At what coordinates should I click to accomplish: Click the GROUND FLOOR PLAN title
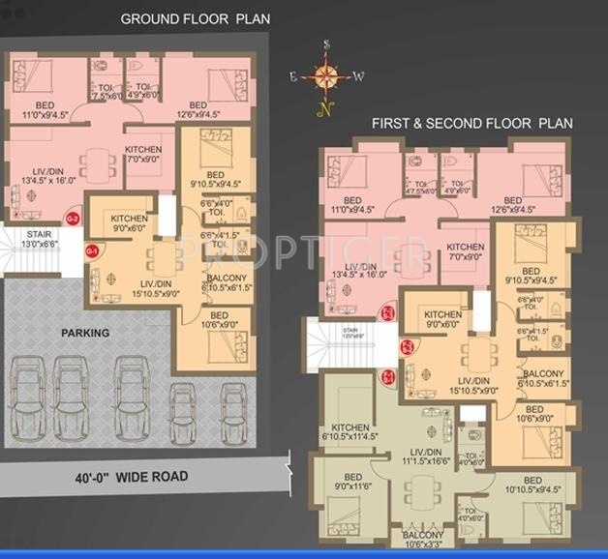coord(196,19)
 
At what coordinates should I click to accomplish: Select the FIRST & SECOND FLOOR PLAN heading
coord(472,124)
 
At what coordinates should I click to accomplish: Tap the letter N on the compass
coord(326,108)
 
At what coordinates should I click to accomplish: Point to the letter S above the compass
coord(327,44)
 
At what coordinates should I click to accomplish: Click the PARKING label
coord(85,333)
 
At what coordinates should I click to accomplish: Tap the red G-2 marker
coord(73,220)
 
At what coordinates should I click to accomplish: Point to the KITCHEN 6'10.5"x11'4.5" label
coord(351,433)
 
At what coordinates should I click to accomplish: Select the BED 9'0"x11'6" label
coord(353,483)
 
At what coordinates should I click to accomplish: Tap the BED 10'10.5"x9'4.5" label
coord(532,486)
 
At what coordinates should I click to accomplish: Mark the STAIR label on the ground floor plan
coord(38,239)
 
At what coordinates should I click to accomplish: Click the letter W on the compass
coord(358,76)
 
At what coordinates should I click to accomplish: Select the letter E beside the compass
coord(293,75)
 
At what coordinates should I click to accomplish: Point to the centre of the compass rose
coord(327,75)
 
